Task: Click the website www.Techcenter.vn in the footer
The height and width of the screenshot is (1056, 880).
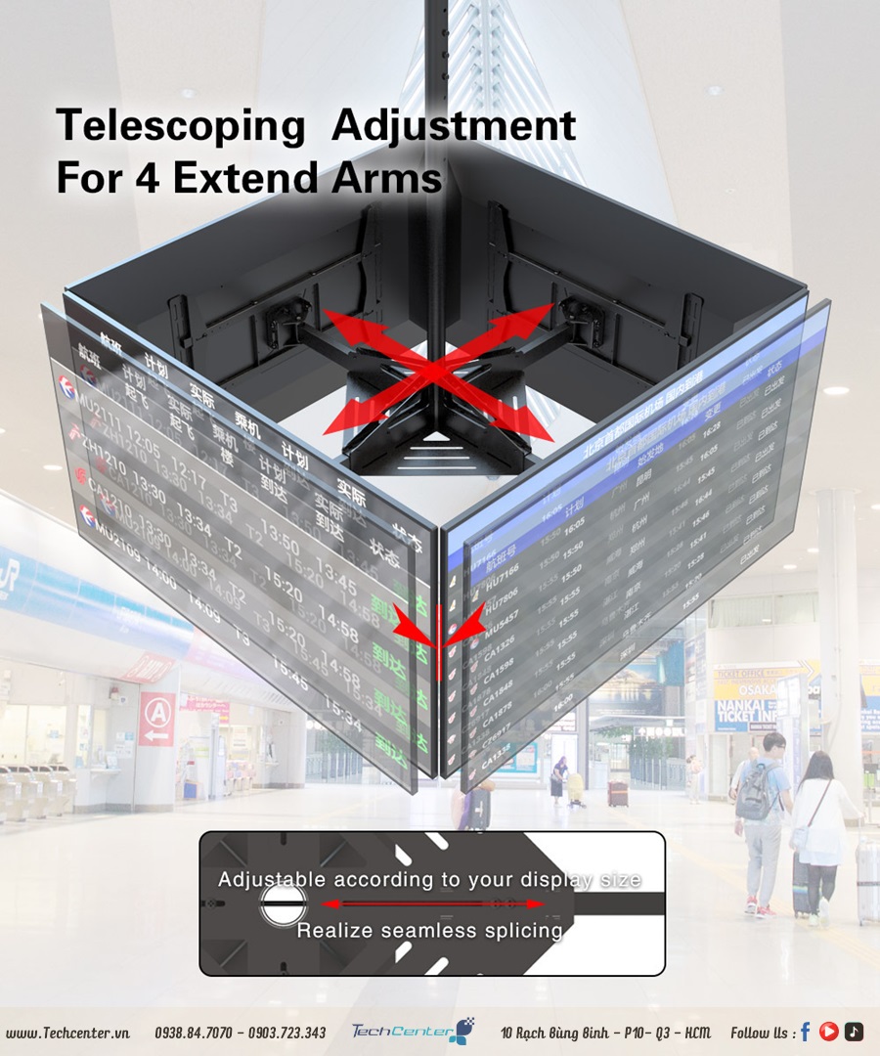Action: (x=67, y=1033)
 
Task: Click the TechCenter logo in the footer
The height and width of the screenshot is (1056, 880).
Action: (x=412, y=1031)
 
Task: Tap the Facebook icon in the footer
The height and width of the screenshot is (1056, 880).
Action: (x=806, y=1032)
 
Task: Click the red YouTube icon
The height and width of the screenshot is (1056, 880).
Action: (x=829, y=1032)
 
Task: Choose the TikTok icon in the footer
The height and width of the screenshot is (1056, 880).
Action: (x=854, y=1032)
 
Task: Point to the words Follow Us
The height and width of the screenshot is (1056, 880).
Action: (x=763, y=1033)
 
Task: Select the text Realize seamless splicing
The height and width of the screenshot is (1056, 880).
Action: (x=430, y=930)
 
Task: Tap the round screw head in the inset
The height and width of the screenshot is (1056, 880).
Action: (x=284, y=905)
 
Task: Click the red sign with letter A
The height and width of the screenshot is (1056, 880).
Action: (x=156, y=719)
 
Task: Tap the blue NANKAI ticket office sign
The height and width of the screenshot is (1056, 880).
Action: (x=746, y=703)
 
